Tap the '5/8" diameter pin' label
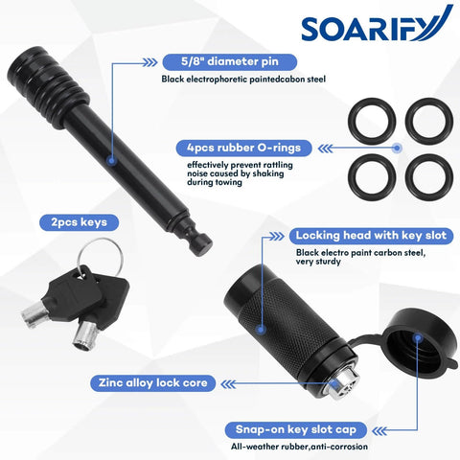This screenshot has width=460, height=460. tap(230, 61)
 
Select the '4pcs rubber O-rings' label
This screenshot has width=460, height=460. tap(243, 148)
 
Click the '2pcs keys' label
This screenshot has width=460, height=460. tap(79, 222)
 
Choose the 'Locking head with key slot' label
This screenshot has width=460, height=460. tap(371, 236)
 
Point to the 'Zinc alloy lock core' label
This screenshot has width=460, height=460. tap(153, 383)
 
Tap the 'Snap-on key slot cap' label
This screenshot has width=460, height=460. tap(296, 430)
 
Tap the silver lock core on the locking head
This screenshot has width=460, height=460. tap(342, 385)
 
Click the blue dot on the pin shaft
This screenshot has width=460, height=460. tap(111, 160)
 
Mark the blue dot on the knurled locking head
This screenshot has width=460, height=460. tap(262, 330)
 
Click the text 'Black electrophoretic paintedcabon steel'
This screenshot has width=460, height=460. tap(243, 80)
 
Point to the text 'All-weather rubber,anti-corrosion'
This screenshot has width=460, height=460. tap(299, 447)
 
